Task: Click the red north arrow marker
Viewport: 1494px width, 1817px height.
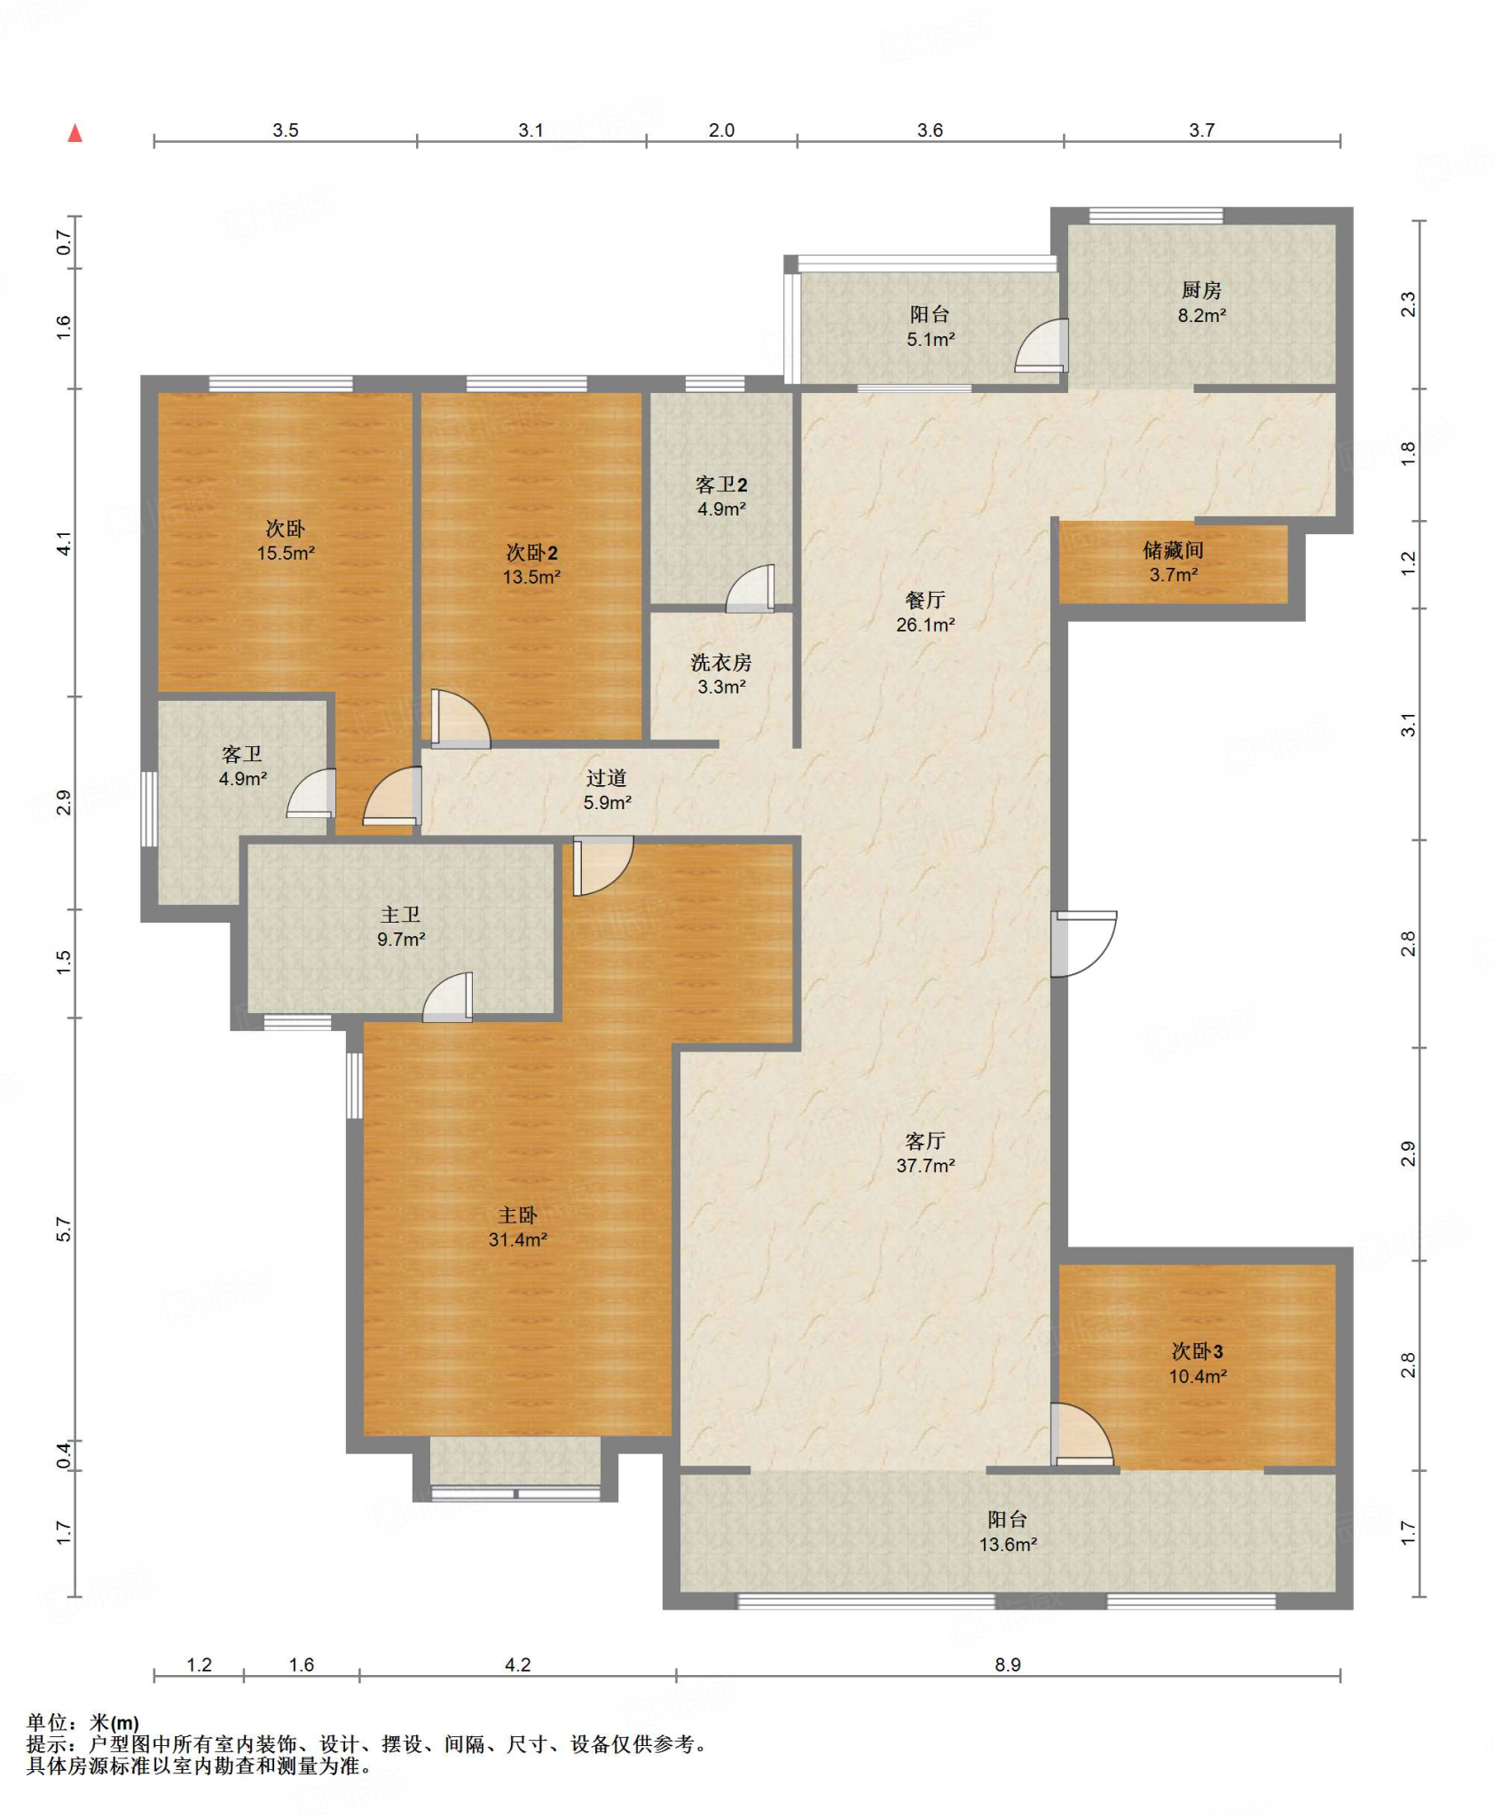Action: [x=75, y=133]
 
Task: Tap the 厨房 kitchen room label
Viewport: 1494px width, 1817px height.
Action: [x=1201, y=290]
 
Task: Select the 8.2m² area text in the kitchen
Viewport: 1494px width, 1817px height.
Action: [x=1202, y=315]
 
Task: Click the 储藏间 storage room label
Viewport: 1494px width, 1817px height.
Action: [x=1174, y=550]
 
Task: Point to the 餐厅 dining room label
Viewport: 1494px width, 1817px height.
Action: [x=925, y=600]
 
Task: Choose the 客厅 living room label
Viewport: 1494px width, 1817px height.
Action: [x=925, y=1141]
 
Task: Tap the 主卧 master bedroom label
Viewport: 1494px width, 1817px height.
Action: [x=517, y=1215]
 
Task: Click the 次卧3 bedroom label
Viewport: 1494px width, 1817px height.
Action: [x=1198, y=1351]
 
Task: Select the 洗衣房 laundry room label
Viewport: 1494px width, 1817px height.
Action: [x=721, y=662]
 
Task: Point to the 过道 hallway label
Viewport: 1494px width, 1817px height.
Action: [x=607, y=778]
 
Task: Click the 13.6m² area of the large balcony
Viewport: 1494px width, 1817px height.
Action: [x=1008, y=1545]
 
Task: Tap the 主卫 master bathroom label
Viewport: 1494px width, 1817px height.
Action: [x=401, y=915]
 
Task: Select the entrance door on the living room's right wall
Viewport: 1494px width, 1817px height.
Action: [x=1084, y=944]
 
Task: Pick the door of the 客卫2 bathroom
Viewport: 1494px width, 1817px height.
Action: [x=751, y=588]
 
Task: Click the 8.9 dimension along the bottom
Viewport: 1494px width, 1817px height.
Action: [x=1008, y=1664]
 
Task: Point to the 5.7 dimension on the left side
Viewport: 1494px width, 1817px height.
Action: [x=63, y=1230]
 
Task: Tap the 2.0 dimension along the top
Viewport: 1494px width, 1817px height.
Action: [x=721, y=130]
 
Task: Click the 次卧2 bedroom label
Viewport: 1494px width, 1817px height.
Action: [x=531, y=553]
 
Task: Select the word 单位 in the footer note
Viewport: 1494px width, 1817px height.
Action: [x=48, y=1723]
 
